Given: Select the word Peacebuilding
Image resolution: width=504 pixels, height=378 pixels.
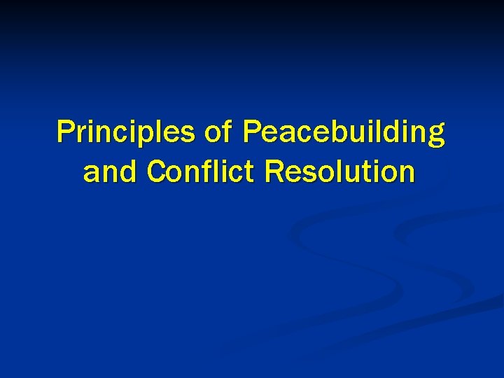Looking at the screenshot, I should coord(343,134).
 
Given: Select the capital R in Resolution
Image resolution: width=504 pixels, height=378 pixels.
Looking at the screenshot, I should coord(274,171).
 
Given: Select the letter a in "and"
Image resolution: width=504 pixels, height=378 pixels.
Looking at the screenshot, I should coord(91,173).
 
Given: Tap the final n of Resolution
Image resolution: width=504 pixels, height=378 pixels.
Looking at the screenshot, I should coord(405,173).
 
